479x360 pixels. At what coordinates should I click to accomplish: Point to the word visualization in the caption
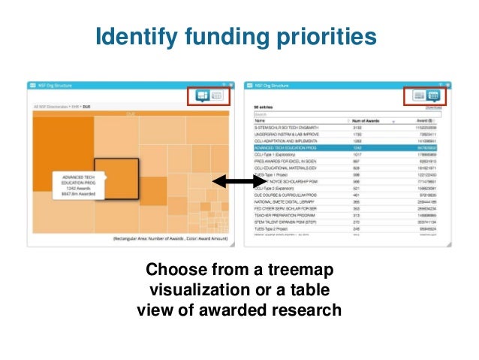pos(203,289)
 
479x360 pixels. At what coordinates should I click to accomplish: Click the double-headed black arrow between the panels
pos(233,182)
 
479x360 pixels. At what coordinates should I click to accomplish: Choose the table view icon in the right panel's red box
pos(433,95)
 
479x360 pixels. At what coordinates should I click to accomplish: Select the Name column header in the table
pos(261,120)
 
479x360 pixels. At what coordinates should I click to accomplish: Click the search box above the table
pos(300,114)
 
